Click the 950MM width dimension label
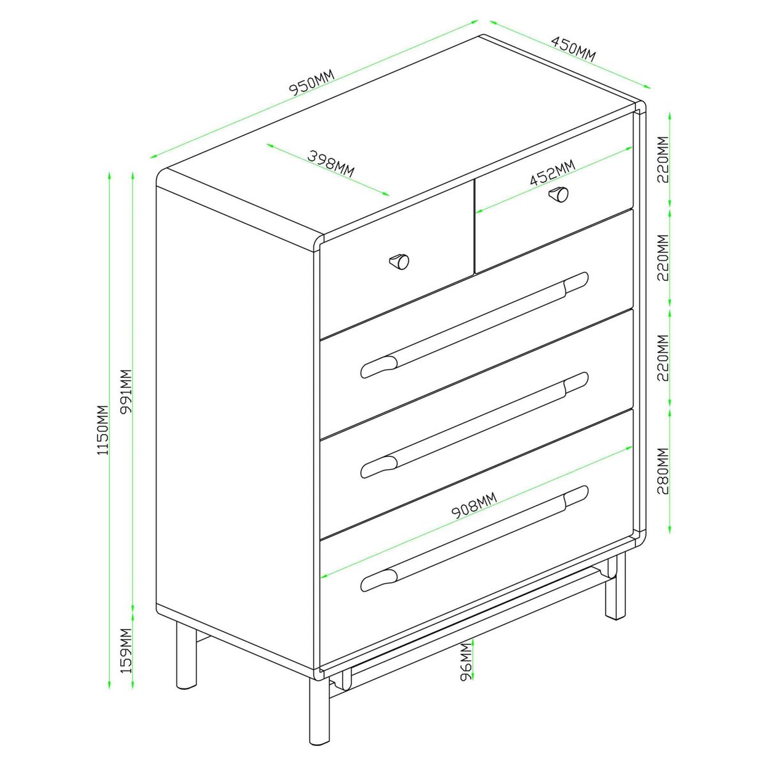coord(313,82)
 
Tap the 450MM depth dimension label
coord(573,49)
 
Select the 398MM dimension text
coord(330,163)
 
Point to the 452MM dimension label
coord(553,173)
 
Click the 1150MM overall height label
coord(103,430)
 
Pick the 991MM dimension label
coord(126,392)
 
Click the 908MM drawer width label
coord(474,506)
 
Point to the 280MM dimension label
coord(663,471)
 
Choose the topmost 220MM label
coord(663,160)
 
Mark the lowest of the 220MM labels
coord(663,358)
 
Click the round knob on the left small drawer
coord(399,261)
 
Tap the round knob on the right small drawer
coord(559,194)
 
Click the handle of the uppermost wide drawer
coord(474,325)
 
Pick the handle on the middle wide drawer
coord(474,424)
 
